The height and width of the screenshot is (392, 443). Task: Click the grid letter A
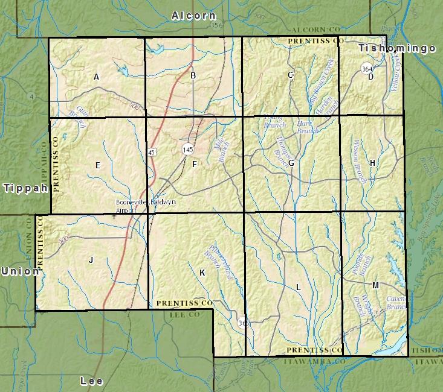(x=96, y=77)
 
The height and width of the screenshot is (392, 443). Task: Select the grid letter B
(x=193, y=75)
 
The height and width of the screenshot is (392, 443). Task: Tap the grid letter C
(x=291, y=75)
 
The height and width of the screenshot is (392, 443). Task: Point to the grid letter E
(x=97, y=165)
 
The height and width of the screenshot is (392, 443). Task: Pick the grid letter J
(x=91, y=260)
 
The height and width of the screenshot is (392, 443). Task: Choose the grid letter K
(x=202, y=273)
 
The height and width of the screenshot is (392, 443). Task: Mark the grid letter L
(x=298, y=288)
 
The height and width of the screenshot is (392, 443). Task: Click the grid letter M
(x=375, y=285)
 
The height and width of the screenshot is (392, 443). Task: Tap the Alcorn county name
(x=193, y=16)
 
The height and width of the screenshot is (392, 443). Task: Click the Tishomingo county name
(x=396, y=48)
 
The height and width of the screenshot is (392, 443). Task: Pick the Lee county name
(x=91, y=381)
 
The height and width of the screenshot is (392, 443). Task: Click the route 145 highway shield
(x=188, y=148)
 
